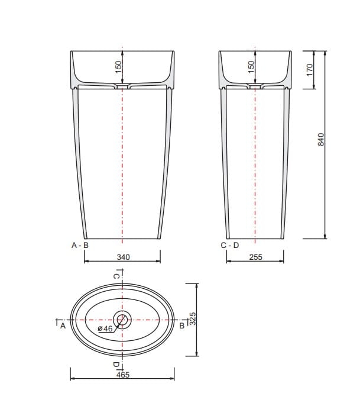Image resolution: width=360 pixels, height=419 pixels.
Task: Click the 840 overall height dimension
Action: (x=321, y=139)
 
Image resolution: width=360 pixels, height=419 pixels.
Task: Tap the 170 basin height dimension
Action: (x=310, y=69)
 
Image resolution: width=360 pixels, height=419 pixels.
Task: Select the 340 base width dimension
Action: (x=124, y=257)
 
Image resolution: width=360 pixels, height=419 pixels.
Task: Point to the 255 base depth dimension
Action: (x=255, y=257)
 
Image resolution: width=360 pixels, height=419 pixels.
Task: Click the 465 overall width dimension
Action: (x=123, y=375)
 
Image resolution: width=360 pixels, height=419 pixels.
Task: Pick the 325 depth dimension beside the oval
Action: (x=193, y=318)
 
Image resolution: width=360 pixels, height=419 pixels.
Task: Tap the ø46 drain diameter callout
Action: (x=105, y=328)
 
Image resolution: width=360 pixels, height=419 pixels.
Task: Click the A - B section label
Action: (x=80, y=245)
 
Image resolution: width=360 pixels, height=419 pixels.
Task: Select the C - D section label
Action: (x=230, y=245)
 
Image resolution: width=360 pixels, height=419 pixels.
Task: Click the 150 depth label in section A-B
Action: (x=118, y=67)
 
